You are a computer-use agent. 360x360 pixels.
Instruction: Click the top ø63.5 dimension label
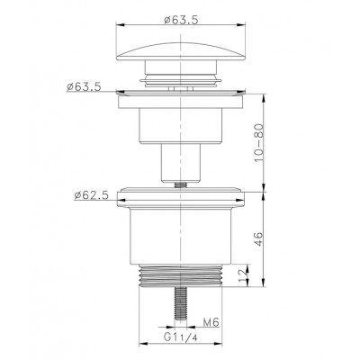181,20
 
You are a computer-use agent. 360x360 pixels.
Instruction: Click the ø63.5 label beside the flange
84,87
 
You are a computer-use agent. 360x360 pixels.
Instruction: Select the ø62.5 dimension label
91,195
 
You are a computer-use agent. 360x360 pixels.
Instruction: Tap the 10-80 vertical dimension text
259,142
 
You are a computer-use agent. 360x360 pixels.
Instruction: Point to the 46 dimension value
259,238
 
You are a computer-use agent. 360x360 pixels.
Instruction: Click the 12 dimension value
244,274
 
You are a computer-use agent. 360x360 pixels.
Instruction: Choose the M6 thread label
211,323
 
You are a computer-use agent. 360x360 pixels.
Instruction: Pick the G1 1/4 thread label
181,337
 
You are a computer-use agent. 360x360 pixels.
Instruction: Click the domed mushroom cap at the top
181,51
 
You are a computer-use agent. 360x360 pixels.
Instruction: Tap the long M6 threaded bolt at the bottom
181,303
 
